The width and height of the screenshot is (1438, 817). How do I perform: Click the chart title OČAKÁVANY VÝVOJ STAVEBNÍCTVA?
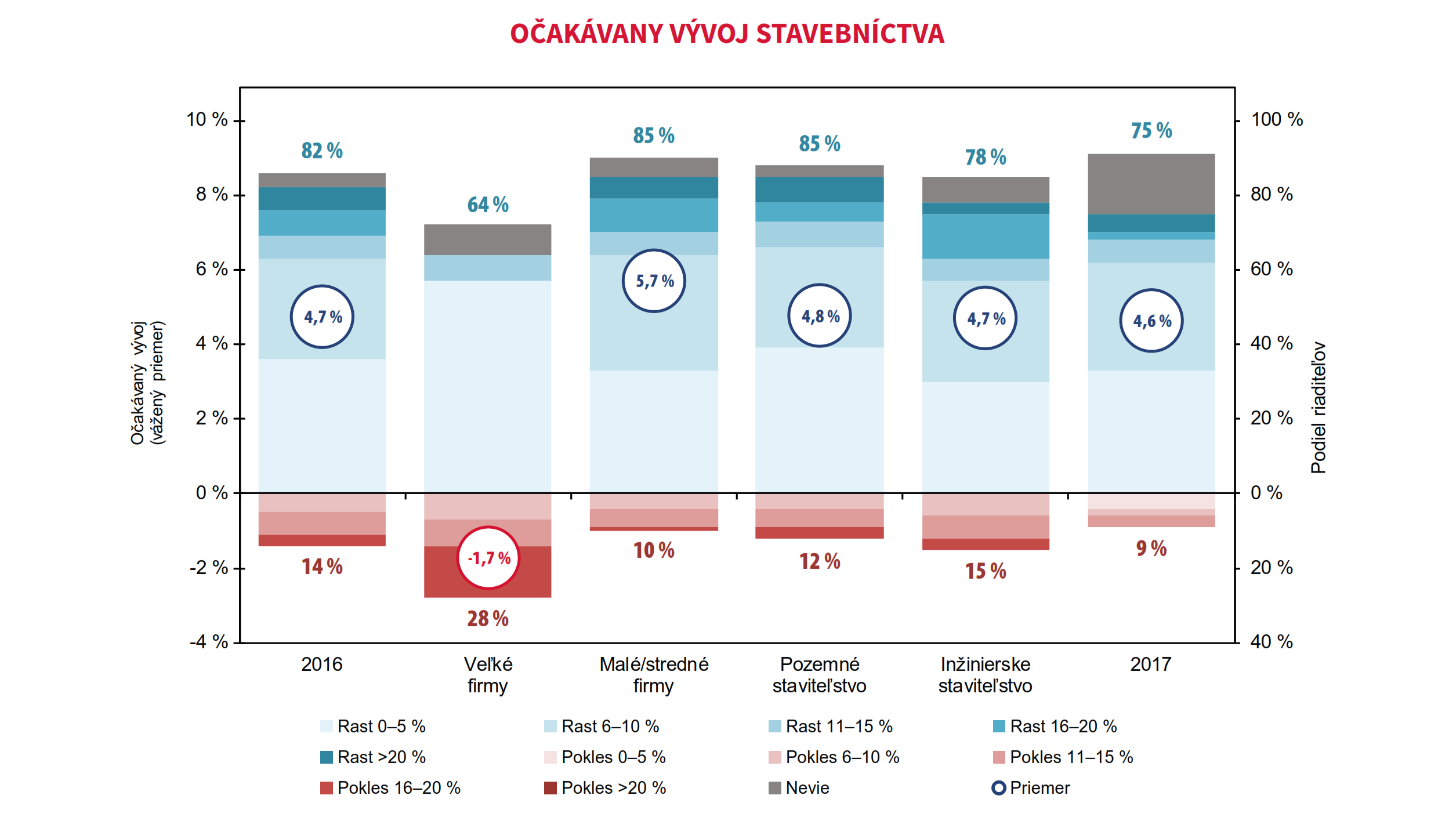click(x=727, y=34)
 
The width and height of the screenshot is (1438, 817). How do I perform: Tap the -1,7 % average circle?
click(x=488, y=558)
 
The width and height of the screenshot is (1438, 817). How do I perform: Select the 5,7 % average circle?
click(x=654, y=281)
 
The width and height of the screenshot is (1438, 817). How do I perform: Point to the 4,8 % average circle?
click(x=820, y=316)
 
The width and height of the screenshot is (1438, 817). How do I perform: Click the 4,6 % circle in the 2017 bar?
click(x=1151, y=321)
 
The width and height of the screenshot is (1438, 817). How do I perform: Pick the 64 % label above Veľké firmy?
click(x=488, y=205)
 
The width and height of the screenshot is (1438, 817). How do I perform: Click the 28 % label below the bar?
click(x=488, y=619)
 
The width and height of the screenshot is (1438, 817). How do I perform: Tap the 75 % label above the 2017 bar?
click(x=1151, y=130)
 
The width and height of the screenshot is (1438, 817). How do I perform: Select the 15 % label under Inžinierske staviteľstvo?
click(x=986, y=571)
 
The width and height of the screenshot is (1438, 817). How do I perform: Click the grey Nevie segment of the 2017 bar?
click(x=1151, y=184)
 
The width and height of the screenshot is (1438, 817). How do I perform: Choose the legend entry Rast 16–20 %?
click(x=1055, y=726)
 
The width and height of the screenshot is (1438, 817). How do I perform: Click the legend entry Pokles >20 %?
click(x=606, y=787)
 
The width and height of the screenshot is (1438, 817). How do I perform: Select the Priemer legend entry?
click(x=1031, y=787)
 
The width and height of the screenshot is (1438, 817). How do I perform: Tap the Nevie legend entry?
click(x=799, y=787)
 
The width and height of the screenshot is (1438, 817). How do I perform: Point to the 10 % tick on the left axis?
click(x=207, y=119)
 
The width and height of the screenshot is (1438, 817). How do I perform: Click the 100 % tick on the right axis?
click(x=1277, y=119)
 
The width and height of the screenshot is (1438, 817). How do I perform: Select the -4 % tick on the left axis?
click(x=209, y=641)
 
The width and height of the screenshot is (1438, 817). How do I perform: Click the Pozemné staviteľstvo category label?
click(x=819, y=675)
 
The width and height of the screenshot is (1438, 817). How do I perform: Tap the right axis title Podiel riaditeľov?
click(x=1319, y=407)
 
